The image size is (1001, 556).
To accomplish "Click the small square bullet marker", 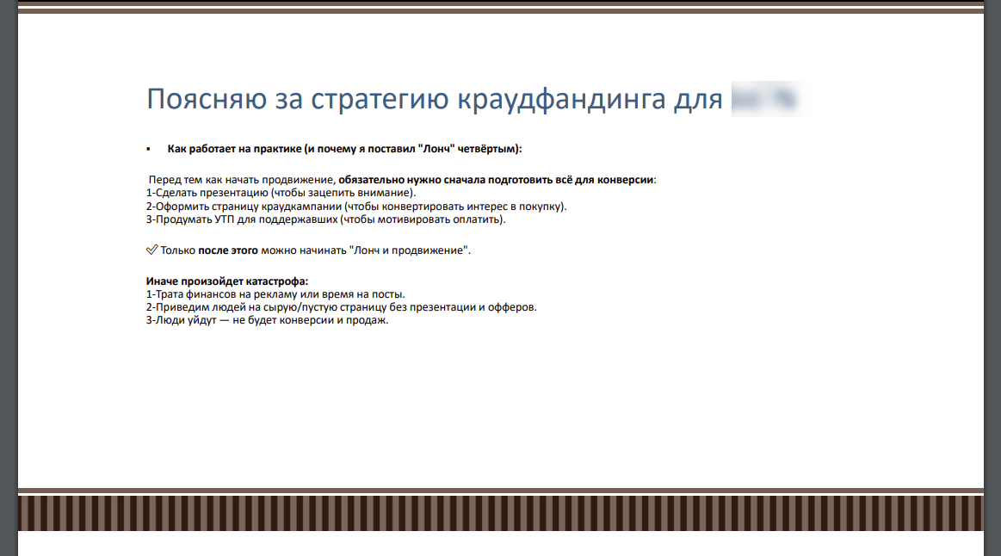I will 149,149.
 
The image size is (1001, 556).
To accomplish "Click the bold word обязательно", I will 372,180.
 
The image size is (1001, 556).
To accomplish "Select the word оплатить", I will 479,219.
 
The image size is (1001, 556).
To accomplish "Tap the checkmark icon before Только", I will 151,250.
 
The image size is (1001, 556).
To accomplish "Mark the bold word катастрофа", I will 277,281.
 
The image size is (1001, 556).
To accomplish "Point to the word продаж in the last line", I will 368,321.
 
